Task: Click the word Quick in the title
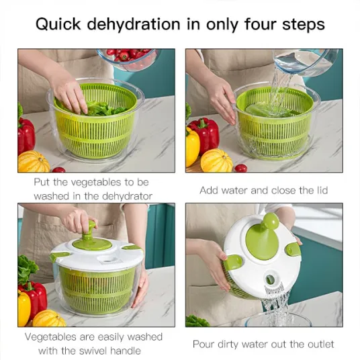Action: coord(58,24)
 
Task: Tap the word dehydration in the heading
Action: coord(134,24)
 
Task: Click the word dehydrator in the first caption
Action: coord(127,196)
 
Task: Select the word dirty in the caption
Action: coord(228,345)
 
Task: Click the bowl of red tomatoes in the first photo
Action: coord(128,58)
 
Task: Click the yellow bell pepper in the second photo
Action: coord(192,147)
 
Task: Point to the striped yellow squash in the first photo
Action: coord(34,162)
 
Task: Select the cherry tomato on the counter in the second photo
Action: coord(241,168)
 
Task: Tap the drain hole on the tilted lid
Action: coord(270,279)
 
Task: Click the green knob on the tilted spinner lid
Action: coord(271,221)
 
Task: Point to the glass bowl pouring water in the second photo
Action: coord(306,62)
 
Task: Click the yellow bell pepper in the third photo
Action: coord(24,307)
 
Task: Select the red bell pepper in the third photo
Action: coord(34,298)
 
